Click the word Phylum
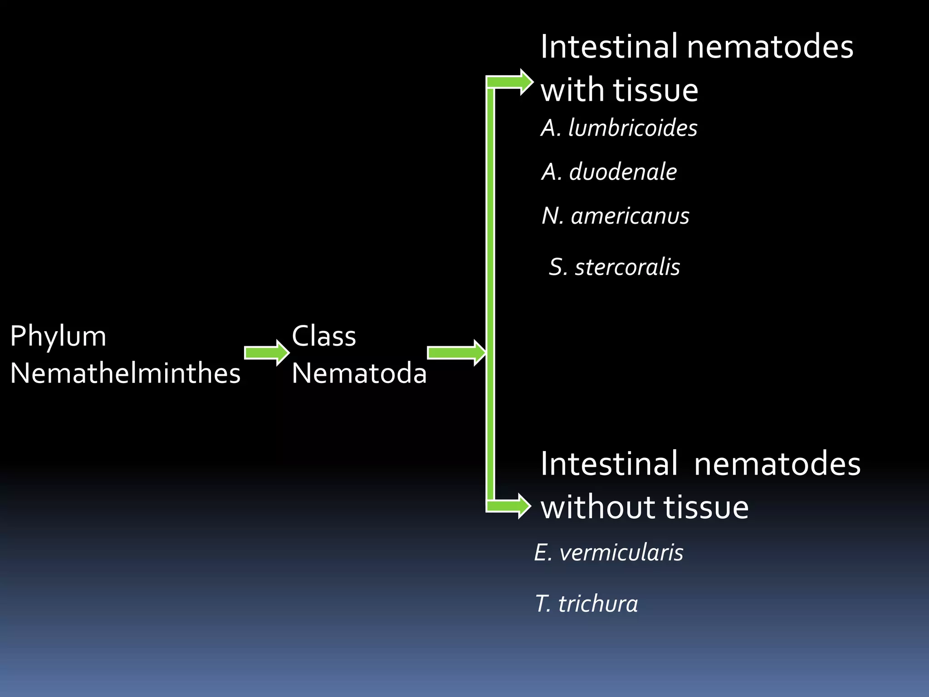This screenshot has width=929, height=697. point(58,337)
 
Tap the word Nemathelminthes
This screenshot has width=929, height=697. point(125,373)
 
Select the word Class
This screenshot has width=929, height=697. point(324,336)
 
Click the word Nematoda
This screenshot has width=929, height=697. point(359,373)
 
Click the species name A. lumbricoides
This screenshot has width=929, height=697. point(619,128)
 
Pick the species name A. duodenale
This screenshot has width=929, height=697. point(609,172)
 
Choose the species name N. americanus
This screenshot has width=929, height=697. point(616,216)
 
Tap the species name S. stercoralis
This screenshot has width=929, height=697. point(614,267)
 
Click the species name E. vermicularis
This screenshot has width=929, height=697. point(608,553)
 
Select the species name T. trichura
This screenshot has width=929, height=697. point(586,604)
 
